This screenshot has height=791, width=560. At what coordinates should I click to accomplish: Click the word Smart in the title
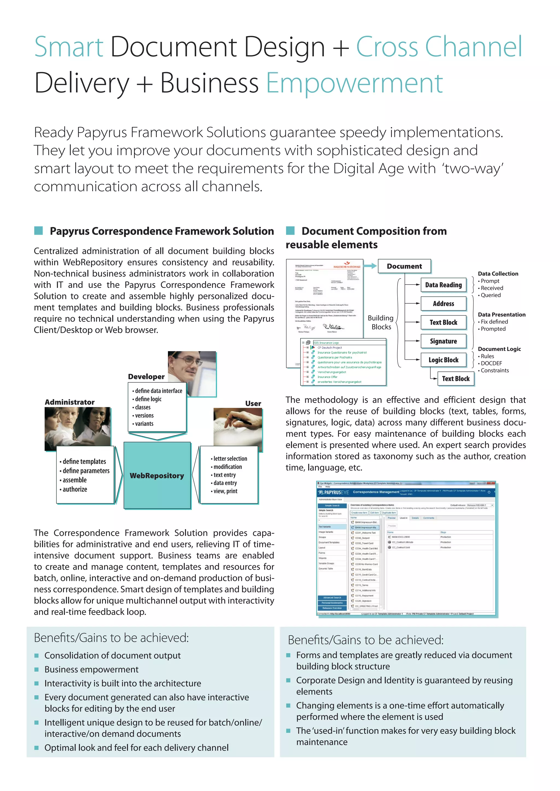coord(69,47)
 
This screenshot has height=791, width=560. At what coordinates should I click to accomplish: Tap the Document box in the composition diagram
coord(404,266)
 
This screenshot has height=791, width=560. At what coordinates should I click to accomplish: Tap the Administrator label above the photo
coord(70,402)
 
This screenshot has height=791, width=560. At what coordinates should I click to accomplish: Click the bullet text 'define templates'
coord(84,461)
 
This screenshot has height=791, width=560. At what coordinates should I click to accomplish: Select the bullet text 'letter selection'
coord(230,459)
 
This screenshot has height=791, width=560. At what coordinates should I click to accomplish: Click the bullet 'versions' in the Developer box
coord(144,415)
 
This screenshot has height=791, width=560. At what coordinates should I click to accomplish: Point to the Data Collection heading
coord(498,273)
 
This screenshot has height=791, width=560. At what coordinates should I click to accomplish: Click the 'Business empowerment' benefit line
coord(91,669)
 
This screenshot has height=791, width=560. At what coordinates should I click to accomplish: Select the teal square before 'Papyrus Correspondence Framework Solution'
coord(39,231)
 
